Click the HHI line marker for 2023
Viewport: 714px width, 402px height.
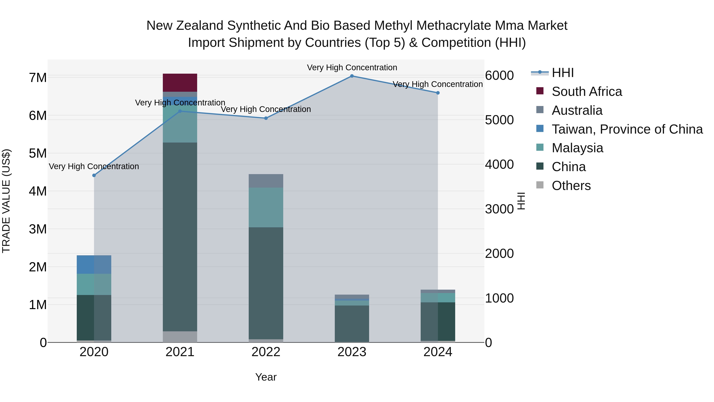coord(352,76)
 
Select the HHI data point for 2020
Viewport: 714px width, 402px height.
coord(94,175)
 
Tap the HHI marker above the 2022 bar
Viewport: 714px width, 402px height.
coord(266,118)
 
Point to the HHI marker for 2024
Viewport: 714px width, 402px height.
coord(438,93)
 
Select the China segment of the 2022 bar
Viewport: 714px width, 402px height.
coord(266,283)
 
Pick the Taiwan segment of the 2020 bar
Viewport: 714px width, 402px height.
coord(94,264)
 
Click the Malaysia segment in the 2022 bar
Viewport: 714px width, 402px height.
coord(266,207)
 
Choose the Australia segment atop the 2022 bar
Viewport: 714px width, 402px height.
coord(266,181)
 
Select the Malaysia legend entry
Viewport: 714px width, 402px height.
coord(577,148)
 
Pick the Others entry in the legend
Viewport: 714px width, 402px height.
coord(571,186)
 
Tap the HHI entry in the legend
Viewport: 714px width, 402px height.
coord(562,73)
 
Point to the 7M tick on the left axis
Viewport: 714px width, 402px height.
coord(38,78)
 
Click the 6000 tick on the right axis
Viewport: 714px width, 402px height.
coord(499,75)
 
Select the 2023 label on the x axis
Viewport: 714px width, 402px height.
coord(352,352)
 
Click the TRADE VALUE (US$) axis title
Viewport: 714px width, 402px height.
coord(6,201)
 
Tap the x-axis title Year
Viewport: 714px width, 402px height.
coord(266,377)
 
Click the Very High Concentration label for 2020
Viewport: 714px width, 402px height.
coord(94,167)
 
